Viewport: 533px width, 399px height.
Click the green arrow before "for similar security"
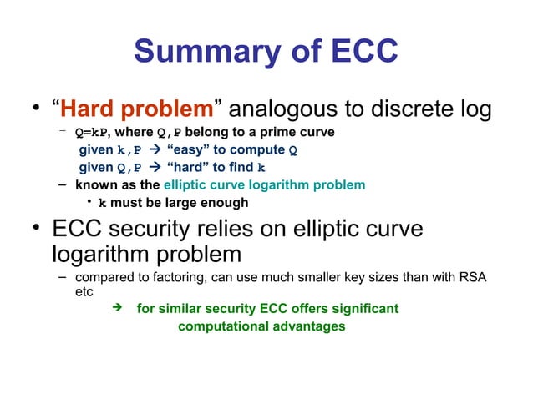click(x=118, y=309)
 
